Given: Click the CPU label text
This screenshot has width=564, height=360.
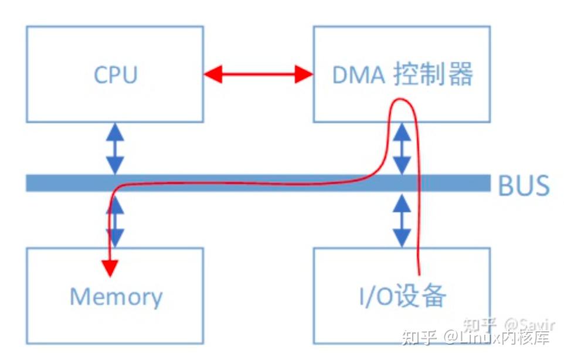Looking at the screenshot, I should click(x=115, y=75).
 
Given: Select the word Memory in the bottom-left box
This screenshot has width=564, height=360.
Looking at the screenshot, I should click(x=115, y=297).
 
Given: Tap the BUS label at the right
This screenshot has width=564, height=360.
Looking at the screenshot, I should click(x=524, y=185).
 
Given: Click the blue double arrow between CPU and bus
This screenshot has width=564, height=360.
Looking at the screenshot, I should click(x=115, y=148).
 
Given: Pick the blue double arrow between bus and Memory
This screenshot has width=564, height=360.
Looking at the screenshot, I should click(x=116, y=221).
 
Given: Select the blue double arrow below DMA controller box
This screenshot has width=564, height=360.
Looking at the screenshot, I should click(x=402, y=148).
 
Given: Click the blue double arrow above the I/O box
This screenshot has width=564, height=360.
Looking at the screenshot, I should click(x=402, y=220).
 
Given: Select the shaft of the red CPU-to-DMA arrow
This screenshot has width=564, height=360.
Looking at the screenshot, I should click(x=258, y=74).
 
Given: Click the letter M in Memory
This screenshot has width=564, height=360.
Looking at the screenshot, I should click(x=80, y=297).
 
